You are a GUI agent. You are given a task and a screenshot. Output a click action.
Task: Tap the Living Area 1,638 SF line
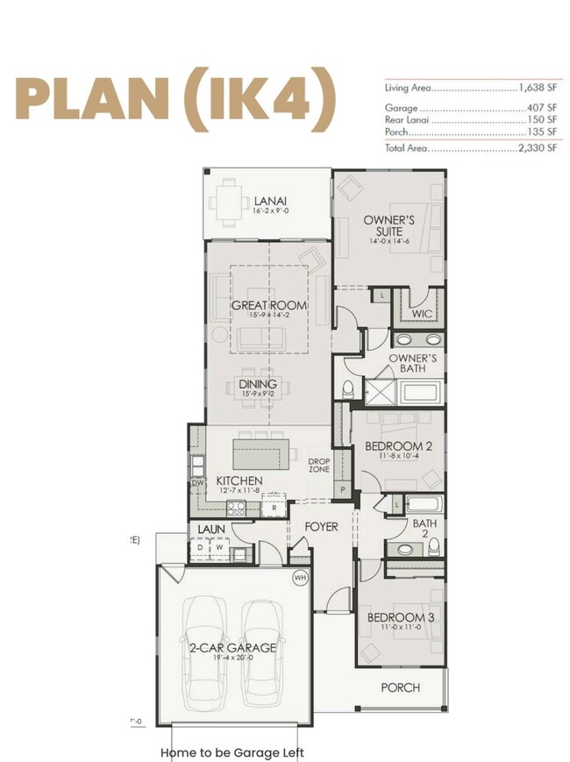470,89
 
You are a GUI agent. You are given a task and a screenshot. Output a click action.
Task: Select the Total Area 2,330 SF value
536,149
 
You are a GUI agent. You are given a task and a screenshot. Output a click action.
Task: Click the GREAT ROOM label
269,305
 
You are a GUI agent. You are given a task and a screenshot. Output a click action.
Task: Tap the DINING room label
257,384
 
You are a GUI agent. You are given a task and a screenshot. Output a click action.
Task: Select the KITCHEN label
239,481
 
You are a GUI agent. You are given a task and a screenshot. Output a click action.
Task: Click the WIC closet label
422,313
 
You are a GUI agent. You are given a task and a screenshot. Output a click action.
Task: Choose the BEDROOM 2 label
398,446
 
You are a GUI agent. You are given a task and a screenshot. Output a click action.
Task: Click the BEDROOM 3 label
401,618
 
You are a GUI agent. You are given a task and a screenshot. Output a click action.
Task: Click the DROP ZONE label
318,465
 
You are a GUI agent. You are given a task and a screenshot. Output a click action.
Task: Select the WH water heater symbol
300,578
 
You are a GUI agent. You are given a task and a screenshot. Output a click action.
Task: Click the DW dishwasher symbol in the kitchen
197,482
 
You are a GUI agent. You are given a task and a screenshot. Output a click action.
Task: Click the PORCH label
400,687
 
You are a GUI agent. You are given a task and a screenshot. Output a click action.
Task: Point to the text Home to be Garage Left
232,751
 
